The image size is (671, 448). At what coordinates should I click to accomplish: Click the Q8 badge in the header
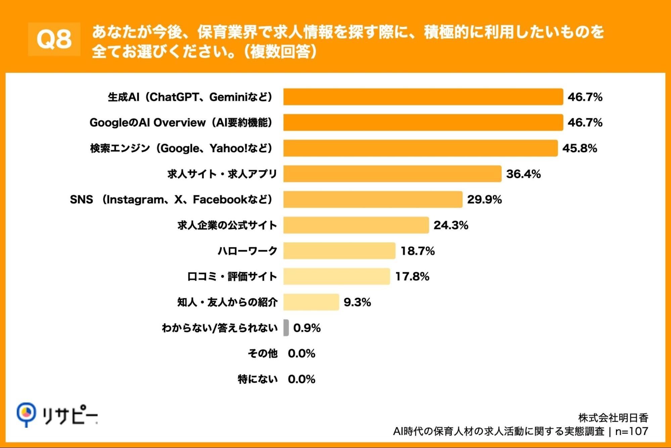[x=54, y=39]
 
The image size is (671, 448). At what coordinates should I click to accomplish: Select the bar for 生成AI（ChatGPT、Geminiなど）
[x=423, y=97]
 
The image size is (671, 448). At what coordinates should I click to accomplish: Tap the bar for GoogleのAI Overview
[x=423, y=122]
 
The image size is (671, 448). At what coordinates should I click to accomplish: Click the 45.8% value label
[x=580, y=148]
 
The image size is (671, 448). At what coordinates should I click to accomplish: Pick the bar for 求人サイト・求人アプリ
[x=392, y=174]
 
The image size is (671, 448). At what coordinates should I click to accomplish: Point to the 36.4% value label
[x=523, y=174]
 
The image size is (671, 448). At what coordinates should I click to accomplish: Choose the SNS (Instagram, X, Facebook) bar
[x=373, y=199]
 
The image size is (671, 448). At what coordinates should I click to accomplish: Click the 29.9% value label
[x=484, y=199]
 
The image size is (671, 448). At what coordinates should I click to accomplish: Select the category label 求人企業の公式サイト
[x=227, y=225]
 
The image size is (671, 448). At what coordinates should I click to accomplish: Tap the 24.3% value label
[x=451, y=225]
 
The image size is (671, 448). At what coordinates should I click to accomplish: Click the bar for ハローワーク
[x=339, y=251]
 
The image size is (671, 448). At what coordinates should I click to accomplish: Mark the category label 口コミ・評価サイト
[x=232, y=276]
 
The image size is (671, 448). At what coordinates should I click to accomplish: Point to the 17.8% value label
[x=412, y=276]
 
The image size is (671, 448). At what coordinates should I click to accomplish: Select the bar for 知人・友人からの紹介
[x=311, y=302]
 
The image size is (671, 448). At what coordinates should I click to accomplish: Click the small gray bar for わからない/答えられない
[x=286, y=328]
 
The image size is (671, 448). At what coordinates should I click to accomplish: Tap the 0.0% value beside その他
[x=301, y=353]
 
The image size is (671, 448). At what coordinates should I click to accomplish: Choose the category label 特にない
[x=257, y=379]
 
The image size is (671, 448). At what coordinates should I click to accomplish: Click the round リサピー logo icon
[x=26, y=413]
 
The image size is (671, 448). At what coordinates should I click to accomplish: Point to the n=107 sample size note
[x=631, y=431]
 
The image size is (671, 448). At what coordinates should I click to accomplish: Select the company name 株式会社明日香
[x=613, y=418]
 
